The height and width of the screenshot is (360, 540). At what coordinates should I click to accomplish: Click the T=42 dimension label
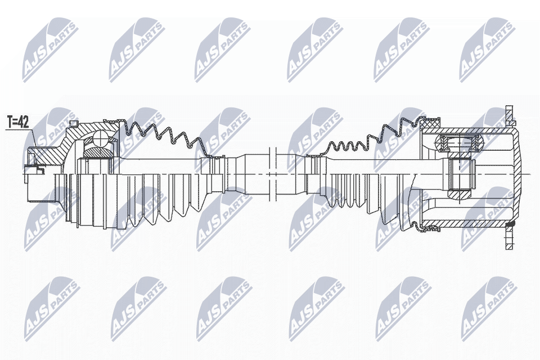(17, 121)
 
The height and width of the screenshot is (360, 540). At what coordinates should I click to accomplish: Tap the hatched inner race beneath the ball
(98, 151)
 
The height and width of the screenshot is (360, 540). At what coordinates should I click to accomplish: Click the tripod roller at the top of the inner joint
(459, 143)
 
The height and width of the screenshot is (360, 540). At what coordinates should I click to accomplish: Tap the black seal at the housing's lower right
(510, 225)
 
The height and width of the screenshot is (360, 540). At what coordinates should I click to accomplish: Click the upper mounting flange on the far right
(510, 115)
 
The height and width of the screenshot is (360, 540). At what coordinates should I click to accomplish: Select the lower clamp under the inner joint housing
(430, 227)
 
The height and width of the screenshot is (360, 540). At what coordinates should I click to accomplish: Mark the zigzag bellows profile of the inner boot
(366, 141)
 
